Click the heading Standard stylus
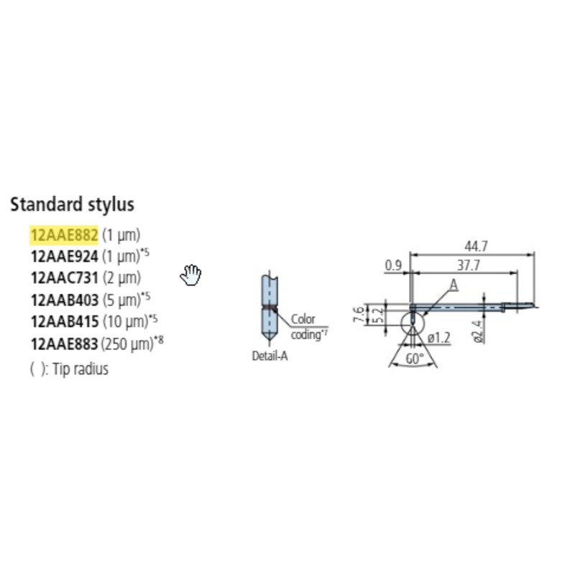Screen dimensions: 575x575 (72, 204)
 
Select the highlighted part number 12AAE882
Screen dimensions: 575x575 (64, 234)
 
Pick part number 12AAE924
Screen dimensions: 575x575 (64, 256)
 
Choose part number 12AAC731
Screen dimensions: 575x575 (64, 277)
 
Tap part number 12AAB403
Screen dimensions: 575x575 (64, 299)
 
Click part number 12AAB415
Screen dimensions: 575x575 (64, 321)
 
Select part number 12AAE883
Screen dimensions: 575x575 (64, 344)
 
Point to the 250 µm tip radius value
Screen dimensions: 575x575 (127, 344)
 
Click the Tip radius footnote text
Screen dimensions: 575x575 (70, 369)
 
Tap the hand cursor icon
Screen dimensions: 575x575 (190, 275)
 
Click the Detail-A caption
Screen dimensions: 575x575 (270, 356)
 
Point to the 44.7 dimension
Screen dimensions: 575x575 (472, 247)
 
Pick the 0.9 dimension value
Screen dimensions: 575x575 (393, 265)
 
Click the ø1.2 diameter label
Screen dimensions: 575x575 (439, 336)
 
